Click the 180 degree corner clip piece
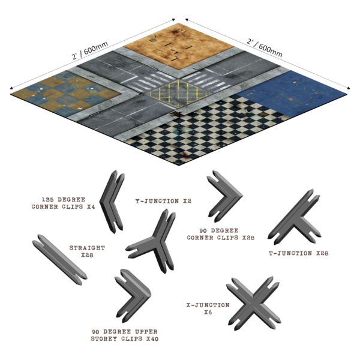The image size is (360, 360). (112, 200)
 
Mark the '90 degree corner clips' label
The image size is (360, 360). (227, 233)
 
